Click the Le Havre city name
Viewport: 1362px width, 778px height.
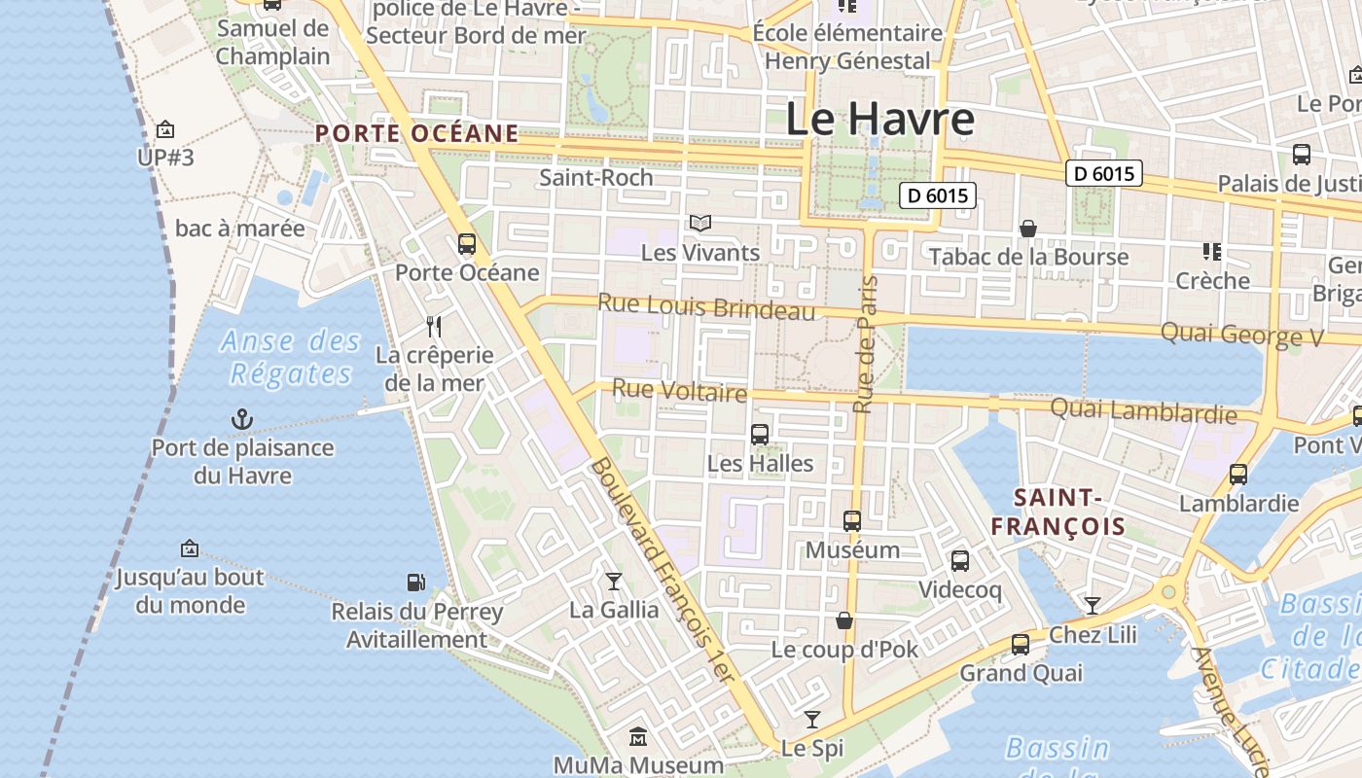tap(879, 119)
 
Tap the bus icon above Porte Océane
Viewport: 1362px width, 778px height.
tap(467, 243)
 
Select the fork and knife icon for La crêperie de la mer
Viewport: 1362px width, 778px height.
tap(435, 326)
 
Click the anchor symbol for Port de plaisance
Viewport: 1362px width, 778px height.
tap(241, 419)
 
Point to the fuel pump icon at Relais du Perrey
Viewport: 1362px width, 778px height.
tap(416, 583)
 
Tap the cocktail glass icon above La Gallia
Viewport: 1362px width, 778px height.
tap(614, 581)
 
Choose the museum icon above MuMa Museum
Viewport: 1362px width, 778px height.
tap(638, 736)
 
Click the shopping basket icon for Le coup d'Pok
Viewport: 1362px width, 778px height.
tap(844, 620)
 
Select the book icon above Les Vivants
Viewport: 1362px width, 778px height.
tap(700, 223)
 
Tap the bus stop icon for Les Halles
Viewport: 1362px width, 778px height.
tap(760, 434)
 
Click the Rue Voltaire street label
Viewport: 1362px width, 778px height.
tap(679, 391)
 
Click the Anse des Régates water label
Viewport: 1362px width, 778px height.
tap(290, 357)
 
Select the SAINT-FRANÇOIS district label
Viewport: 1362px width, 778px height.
tap(1057, 513)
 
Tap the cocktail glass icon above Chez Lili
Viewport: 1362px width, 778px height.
tap(1093, 606)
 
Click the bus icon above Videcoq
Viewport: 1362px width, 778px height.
tap(960, 560)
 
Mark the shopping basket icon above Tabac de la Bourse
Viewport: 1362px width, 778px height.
tap(1028, 229)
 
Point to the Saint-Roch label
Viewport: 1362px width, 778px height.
tap(595, 178)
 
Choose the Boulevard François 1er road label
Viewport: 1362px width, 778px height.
tap(661, 570)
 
